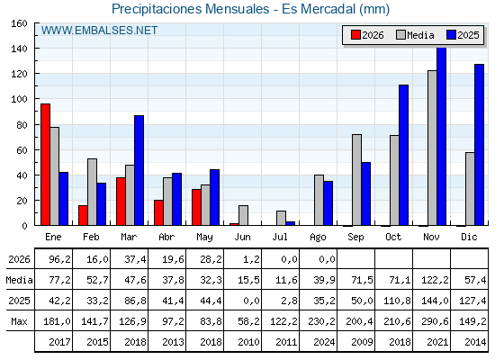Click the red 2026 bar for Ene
coord(45,165)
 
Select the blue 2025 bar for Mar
coord(139,170)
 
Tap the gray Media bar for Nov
coord(432,148)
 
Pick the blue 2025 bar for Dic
coord(479,145)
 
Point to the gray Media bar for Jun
coord(243,215)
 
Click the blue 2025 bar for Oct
coord(404,155)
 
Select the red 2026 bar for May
coord(196,207)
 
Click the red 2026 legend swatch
coord(355,35)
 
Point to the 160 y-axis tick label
coord(19,23)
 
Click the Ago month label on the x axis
coord(318,238)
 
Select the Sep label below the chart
coord(355,238)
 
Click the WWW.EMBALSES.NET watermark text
coord(99,31)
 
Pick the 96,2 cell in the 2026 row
coord(59,259)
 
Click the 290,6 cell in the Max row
coord(435,321)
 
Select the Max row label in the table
coord(19,321)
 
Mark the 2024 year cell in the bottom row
coord(324,342)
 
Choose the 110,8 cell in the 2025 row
coord(397,301)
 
